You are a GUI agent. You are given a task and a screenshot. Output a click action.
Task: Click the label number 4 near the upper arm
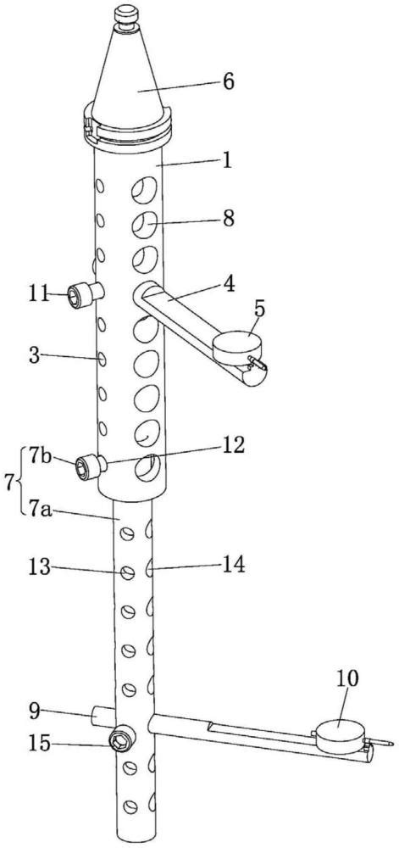pos(229,284)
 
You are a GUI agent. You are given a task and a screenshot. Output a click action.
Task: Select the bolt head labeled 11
pos(78,297)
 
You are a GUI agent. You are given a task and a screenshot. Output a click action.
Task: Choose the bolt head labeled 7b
pos(86,466)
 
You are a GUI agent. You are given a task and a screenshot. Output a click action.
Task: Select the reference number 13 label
pos(41,568)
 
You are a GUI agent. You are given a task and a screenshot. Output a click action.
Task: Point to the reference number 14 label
pos(231,565)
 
